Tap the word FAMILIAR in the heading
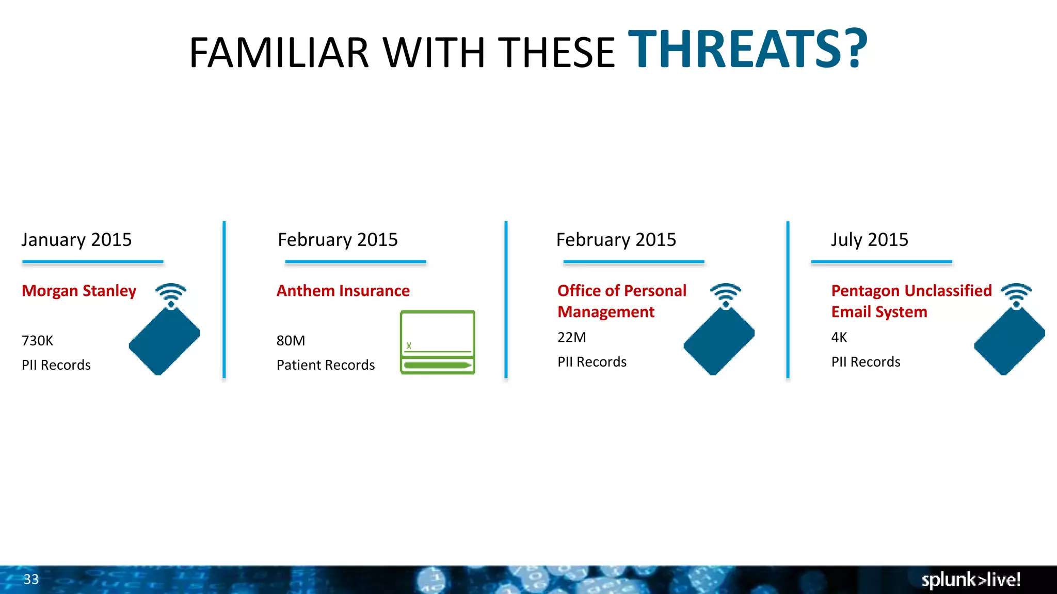click(x=279, y=53)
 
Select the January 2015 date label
click(x=76, y=240)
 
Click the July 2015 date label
click(x=869, y=240)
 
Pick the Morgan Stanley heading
click(x=79, y=291)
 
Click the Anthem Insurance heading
click(x=343, y=291)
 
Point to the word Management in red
click(x=605, y=312)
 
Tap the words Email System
click(x=879, y=312)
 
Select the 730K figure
click(x=37, y=341)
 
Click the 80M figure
click(x=291, y=341)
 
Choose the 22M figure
click(x=571, y=337)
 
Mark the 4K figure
click(x=839, y=337)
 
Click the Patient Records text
click(x=325, y=365)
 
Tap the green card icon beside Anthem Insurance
click(x=437, y=342)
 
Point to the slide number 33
click(x=31, y=580)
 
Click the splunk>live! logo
click(x=970, y=580)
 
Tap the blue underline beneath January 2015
click(x=93, y=262)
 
